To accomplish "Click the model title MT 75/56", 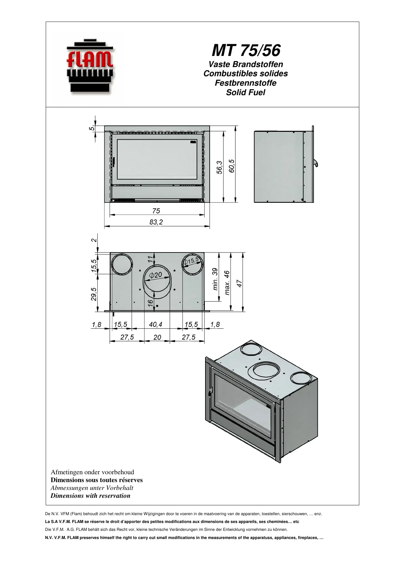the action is tap(246, 50).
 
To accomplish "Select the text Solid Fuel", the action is tap(245, 93).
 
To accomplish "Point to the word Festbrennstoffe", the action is tap(245, 83).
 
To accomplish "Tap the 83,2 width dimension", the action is tap(156, 222).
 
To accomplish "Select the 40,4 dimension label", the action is tap(155, 324).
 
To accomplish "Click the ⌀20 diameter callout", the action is tap(155, 275).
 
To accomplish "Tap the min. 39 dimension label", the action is tap(215, 279).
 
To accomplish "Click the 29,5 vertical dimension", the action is tap(94, 294).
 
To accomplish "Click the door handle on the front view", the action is tap(114, 162).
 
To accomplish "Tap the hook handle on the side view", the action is tap(316, 163).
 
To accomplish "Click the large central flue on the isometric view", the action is tap(266, 371).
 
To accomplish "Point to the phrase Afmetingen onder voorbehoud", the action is tap(92, 472).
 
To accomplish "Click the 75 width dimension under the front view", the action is tap(156, 211).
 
